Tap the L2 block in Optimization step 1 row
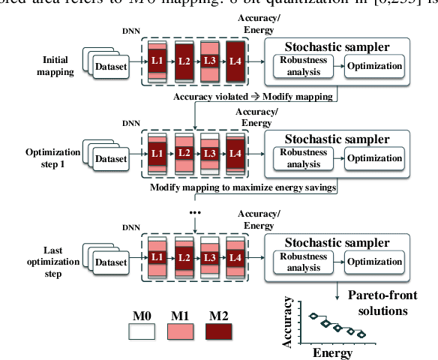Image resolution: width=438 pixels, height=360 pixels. pos(184,153)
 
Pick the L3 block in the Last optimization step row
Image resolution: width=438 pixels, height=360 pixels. pos(210,256)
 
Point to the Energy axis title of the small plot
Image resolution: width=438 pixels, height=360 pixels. pos(332,352)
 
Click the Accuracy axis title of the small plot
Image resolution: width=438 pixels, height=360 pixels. pos(288,322)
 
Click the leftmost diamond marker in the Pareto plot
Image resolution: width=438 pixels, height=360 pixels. pos(313,316)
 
